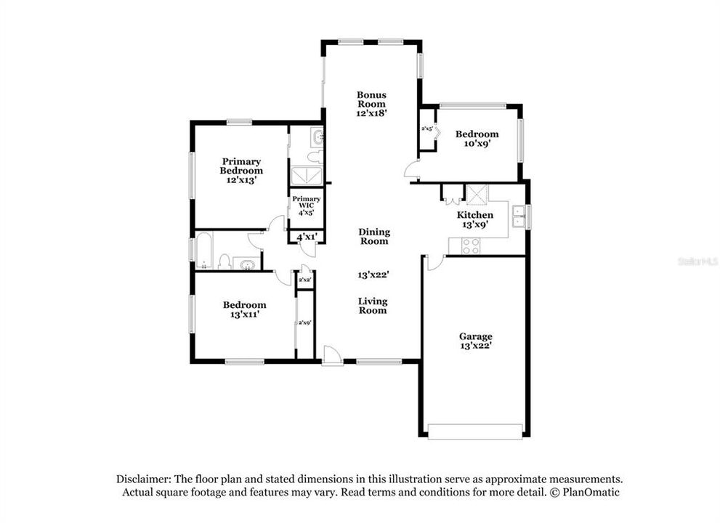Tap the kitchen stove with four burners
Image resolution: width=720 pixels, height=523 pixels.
point(471,246)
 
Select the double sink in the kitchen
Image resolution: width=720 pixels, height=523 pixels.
point(518,216)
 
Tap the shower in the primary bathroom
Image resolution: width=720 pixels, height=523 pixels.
point(306,177)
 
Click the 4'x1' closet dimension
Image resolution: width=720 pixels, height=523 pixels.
point(306,236)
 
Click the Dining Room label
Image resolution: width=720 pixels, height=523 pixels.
point(374,236)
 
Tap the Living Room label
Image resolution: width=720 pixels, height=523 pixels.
point(373,305)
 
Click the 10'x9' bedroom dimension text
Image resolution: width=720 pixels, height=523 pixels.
point(476,144)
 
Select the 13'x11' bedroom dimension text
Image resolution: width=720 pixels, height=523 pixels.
point(244,315)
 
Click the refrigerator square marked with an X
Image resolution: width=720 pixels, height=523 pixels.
point(477,194)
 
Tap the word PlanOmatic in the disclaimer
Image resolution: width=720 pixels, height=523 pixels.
point(590,492)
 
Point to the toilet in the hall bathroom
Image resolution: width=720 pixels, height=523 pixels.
point(225,261)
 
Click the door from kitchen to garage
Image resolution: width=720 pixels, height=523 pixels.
point(433,262)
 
